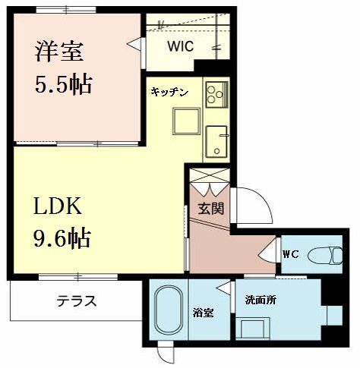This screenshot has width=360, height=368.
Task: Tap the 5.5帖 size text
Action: tap(63, 83)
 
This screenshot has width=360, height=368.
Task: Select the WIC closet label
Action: tap(180, 46)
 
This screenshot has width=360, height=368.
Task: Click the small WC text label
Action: tap(290, 254)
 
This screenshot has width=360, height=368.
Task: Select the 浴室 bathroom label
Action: tap(203, 313)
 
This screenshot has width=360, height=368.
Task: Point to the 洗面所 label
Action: tap(261, 300)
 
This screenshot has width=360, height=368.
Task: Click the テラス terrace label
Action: tap(77, 300)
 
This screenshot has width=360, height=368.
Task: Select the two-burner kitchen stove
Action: tap(216, 96)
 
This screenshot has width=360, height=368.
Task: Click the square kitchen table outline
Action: tap(184, 121)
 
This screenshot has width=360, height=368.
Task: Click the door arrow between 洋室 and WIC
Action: tap(134, 45)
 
